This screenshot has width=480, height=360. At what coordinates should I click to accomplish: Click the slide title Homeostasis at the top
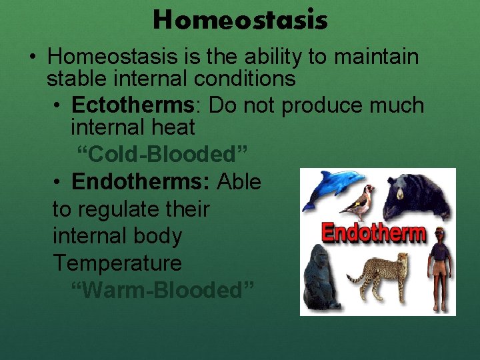point(240,20)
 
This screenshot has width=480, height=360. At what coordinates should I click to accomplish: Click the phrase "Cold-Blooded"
point(162,154)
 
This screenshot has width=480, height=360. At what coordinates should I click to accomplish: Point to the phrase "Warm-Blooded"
point(162,290)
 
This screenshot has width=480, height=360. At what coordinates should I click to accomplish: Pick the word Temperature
point(117,263)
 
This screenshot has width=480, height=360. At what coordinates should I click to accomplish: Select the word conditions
point(245,79)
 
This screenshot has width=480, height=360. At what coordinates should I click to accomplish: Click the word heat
point(172,127)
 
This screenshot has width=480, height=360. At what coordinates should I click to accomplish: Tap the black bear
point(417,197)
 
